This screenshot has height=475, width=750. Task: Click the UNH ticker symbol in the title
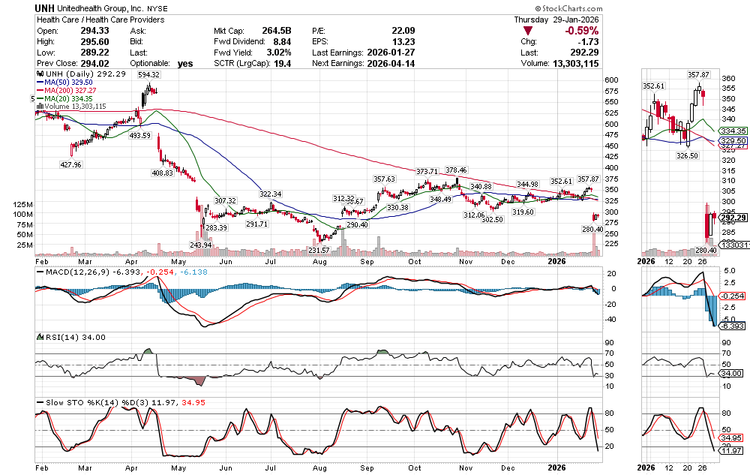(46, 8)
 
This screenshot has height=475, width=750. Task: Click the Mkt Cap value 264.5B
(276, 31)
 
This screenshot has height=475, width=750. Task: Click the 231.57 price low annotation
(319, 250)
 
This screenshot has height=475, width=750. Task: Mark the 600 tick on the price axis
(612, 80)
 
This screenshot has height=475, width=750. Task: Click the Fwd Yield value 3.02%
(279, 53)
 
